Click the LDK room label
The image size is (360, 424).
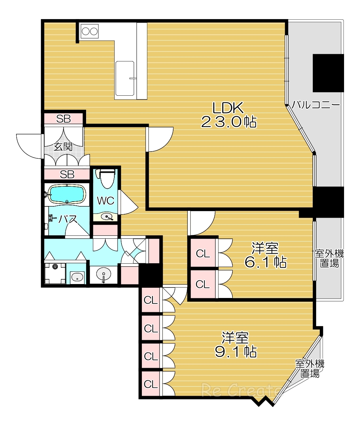tap(228, 108)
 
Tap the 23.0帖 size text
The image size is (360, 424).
tap(229, 122)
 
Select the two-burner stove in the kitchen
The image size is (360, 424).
tap(89, 31)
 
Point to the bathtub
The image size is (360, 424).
tap(67, 194)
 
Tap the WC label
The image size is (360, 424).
tap(105, 201)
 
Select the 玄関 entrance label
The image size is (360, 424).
tap(63, 147)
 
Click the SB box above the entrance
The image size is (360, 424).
tap(64, 119)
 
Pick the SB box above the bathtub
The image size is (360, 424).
tap(67, 174)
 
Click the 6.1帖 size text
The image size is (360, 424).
tap(265, 262)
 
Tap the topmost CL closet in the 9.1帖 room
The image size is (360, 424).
tap(151, 300)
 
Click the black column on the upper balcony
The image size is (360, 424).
tap(328, 73)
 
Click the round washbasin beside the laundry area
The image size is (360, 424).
tap(103, 274)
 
